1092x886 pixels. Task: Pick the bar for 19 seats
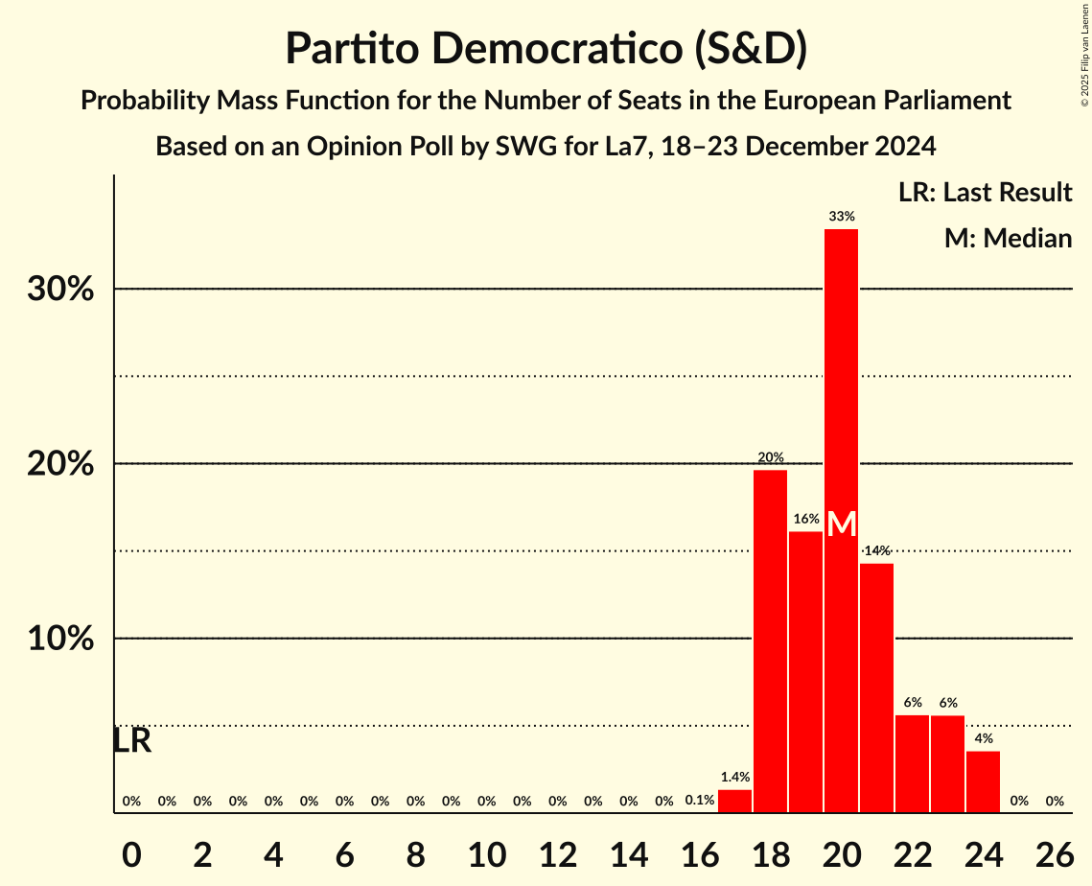[x=806, y=671]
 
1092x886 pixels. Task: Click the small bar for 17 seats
[x=735, y=802]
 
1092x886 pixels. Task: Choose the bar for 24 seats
[x=984, y=781]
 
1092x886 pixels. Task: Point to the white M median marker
[x=842, y=525]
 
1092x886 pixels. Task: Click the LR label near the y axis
[x=132, y=741]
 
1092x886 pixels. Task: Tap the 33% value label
[x=842, y=217]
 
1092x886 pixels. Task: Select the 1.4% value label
[x=735, y=778]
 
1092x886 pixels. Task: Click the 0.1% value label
[x=700, y=801]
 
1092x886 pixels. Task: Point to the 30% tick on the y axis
[x=60, y=290]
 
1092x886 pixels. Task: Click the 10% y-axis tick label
[x=60, y=640]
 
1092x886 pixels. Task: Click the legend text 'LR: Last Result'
[x=986, y=193]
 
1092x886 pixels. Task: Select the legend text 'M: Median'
[x=1008, y=239]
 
